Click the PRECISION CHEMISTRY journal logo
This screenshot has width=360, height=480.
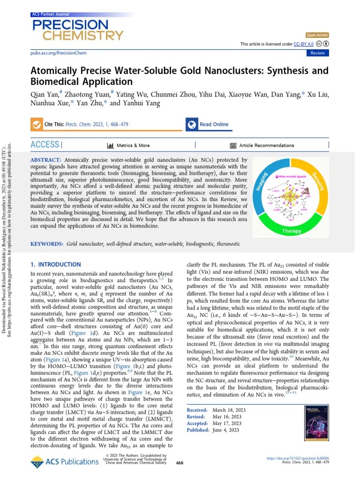77,29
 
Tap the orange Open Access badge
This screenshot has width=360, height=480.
317,35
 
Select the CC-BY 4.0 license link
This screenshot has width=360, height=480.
303,44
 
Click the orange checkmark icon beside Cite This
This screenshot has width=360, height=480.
36,124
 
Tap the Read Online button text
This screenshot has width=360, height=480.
214,124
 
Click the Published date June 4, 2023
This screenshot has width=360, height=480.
226,430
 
